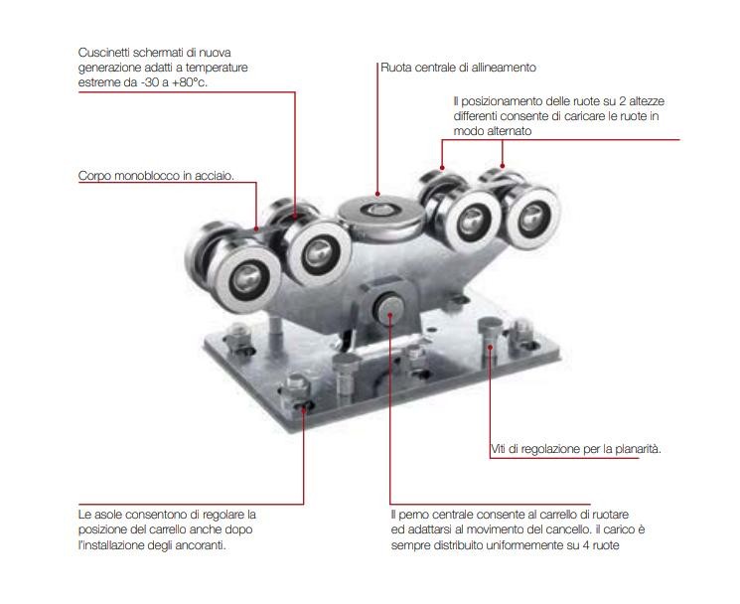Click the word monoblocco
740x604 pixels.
point(148,177)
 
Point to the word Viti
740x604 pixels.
point(502,449)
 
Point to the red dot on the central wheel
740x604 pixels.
point(376,194)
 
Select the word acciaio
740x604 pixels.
point(214,177)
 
